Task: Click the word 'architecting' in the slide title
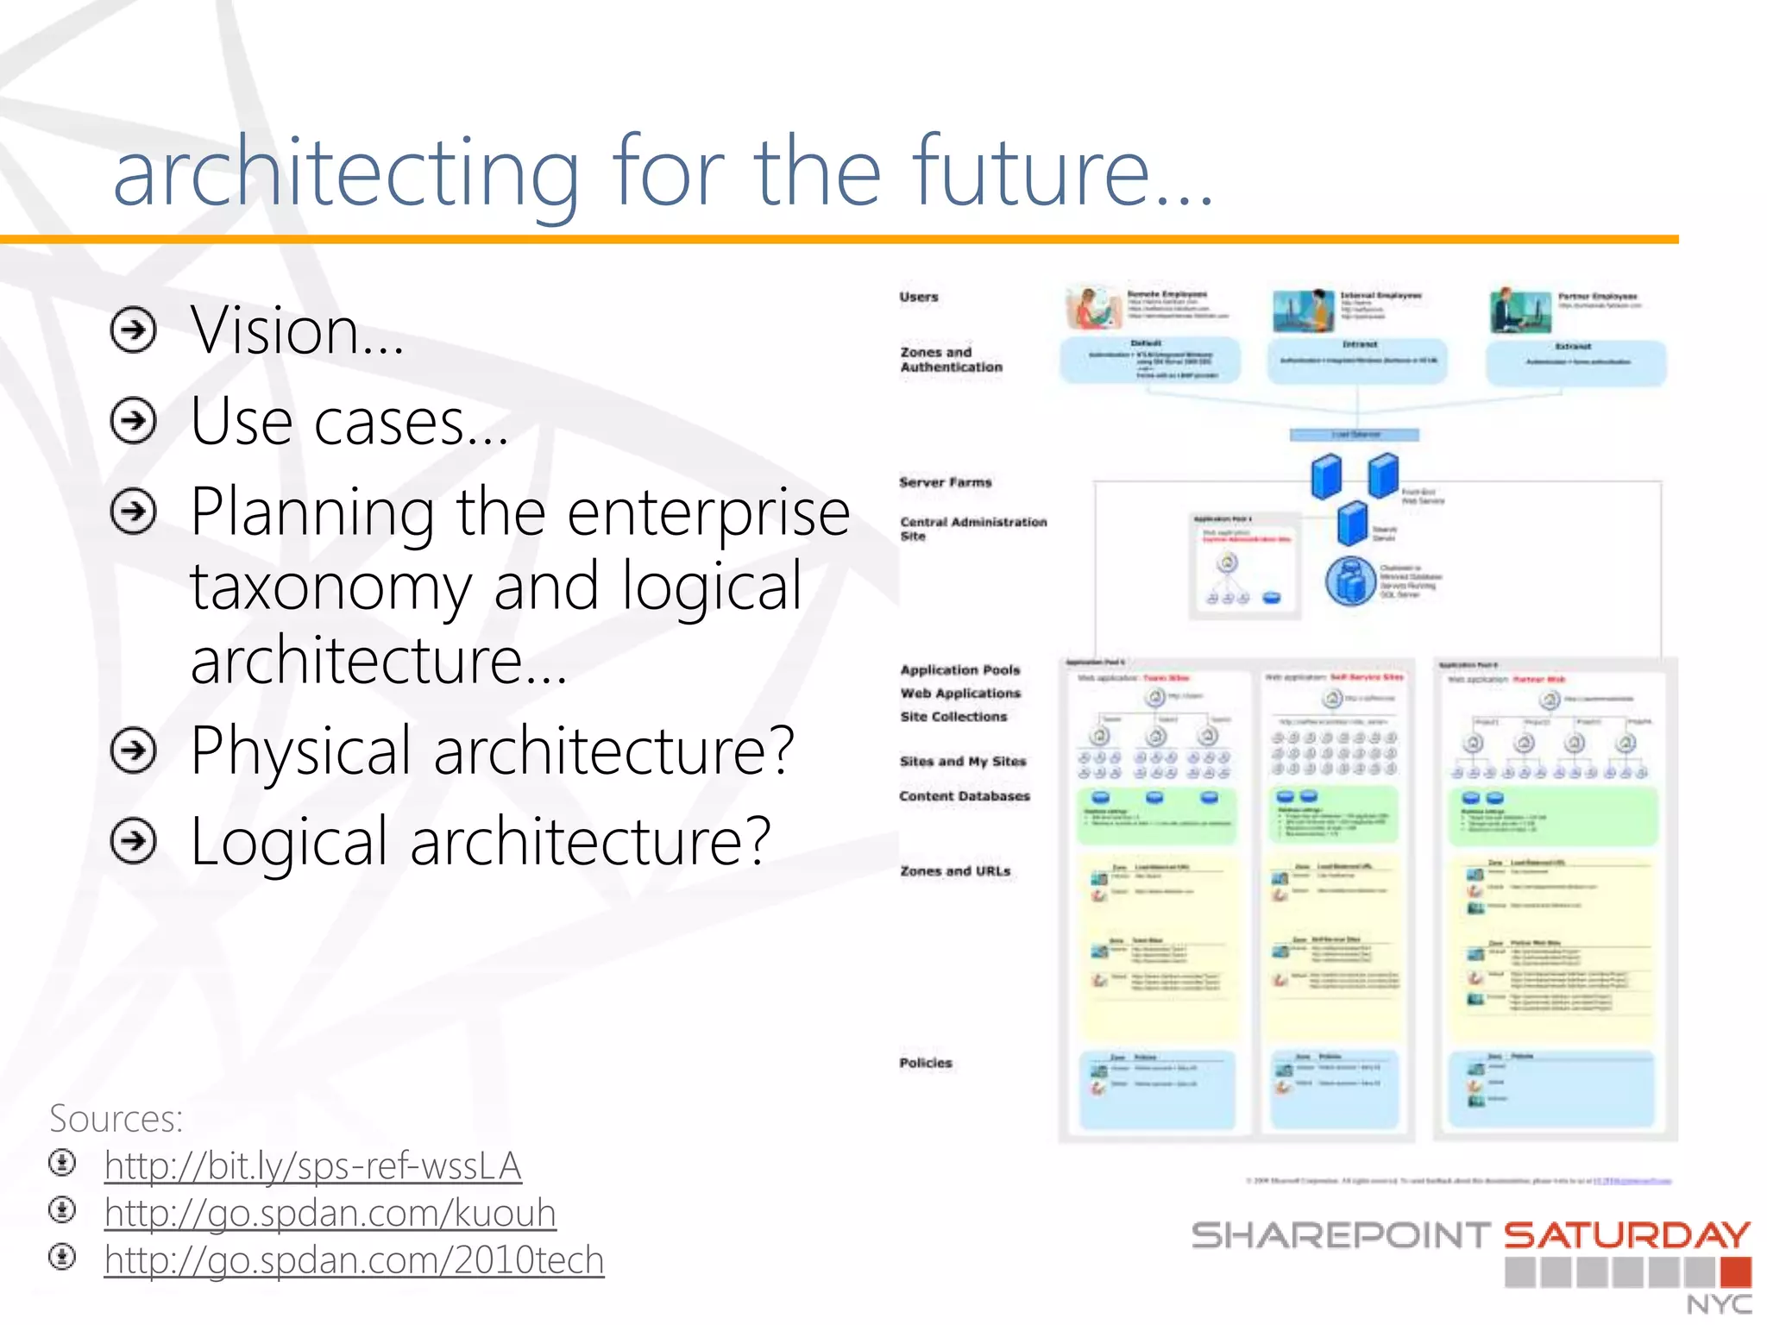point(345,173)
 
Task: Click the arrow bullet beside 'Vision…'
point(134,330)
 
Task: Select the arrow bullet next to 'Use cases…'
point(134,421)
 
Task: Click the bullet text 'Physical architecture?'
point(492,750)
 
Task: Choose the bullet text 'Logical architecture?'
point(480,842)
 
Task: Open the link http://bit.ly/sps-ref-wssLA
point(312,1166)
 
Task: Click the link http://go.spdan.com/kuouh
point(330,1214)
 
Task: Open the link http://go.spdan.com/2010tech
point(354,1260)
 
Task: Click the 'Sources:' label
point(116,1119)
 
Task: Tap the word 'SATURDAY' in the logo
point(1627,1236)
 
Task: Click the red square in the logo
point(1735,1272)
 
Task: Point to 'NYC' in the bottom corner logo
point(1719,1304)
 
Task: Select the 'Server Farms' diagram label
point(946,482)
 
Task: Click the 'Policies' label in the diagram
point(926,1063)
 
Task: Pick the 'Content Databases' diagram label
point(965,796)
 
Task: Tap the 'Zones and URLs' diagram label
point(955,871)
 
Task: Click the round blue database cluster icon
point(1351,581)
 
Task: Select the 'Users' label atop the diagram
point(919,297)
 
